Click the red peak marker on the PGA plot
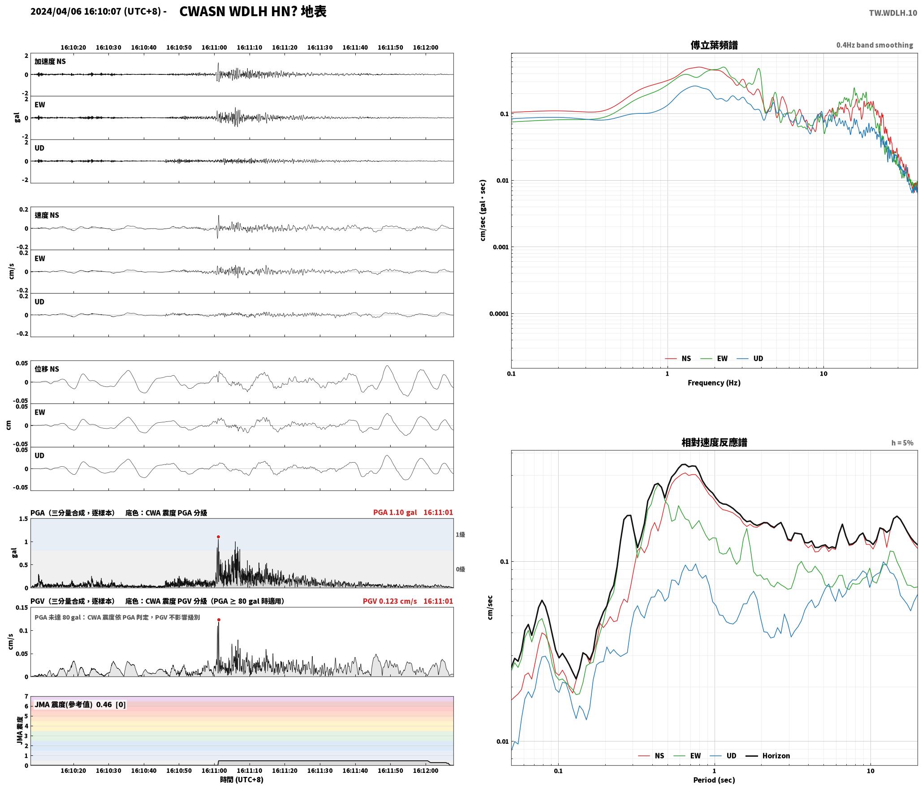tap(218, 537)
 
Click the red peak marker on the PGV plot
tap(219, 620)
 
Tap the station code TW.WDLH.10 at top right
tap(893, 13)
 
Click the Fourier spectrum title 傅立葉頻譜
tap(714, 45)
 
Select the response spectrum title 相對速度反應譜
tap(714, 442)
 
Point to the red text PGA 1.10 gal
tap(395, 512)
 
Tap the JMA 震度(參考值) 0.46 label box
tap(80, 704)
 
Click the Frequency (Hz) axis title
tap(714, 382)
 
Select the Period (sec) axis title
tap(714, 780)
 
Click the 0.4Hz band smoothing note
tap(875, 45)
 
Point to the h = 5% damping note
tap(902, 442)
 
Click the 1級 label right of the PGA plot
tap(460, 534)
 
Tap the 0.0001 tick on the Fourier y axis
tap(499, 313)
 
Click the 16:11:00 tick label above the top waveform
tap(214, 47)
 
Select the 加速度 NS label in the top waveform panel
tap(50, 61)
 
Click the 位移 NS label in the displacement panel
tap(47, 368)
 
